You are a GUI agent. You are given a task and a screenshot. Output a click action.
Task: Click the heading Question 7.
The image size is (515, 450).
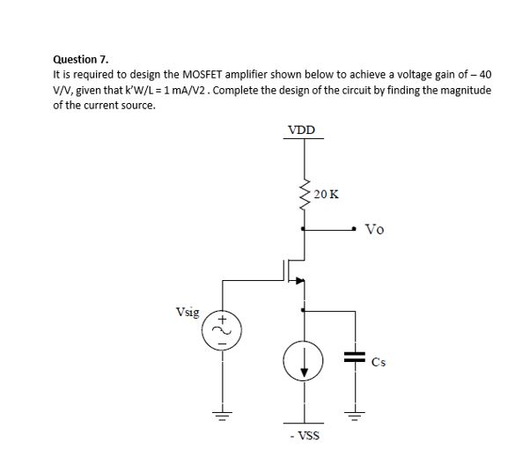tap(80, 59)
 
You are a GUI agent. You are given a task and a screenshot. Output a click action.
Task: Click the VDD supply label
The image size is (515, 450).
tap(305, 132)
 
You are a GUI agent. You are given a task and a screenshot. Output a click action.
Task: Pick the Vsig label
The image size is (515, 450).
tap(188, 312)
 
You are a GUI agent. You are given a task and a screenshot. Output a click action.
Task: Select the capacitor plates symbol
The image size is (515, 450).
tap(355, 358)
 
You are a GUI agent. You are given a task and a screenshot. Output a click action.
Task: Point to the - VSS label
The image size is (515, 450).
tap(304, 435)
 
